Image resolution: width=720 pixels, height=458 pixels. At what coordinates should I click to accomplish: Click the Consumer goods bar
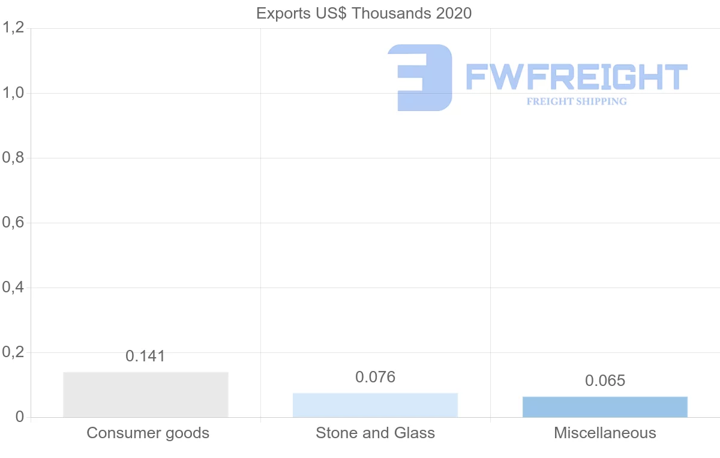[146, 394]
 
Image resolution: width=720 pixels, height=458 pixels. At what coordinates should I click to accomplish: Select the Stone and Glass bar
[375, 405]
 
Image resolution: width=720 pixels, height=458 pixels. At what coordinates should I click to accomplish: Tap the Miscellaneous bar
[605, 407]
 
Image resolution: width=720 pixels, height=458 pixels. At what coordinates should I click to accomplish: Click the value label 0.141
[145, 356]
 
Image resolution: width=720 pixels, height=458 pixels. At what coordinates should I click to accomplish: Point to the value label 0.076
[376, 377]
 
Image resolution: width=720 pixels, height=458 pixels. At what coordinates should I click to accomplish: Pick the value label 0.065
[605, 381]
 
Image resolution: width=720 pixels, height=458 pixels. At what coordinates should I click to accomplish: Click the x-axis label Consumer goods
[148, 433]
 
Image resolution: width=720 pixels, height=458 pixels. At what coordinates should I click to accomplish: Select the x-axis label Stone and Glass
[375, 433]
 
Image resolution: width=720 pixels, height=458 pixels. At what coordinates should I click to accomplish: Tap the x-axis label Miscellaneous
[605, 433]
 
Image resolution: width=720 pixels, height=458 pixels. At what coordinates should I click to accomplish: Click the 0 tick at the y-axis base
[19, 417]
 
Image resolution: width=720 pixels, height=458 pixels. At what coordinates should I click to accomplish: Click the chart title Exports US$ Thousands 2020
[364, 13]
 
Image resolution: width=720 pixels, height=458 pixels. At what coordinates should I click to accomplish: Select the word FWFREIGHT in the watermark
[576, 77]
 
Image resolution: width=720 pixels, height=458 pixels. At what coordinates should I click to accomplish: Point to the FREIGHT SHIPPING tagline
[577, 101]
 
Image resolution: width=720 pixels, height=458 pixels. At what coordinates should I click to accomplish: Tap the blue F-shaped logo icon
[420, 77]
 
